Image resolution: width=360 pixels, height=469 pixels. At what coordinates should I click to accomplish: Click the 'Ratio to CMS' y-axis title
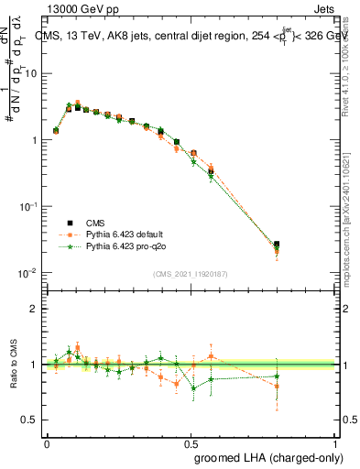(x=13, y=365)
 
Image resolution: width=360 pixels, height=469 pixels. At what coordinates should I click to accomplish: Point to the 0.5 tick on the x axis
(x=191, y=442)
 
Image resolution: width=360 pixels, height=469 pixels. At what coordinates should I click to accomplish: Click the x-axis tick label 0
(x=47, y=442)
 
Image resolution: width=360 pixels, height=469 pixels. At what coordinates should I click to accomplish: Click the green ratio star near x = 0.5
(x=193, y=387)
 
